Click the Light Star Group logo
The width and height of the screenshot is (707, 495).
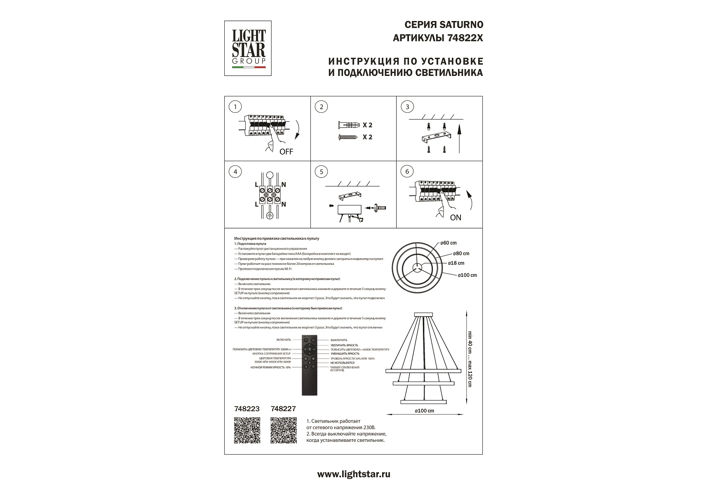[248, 48]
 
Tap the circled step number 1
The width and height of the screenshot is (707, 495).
[235, 107]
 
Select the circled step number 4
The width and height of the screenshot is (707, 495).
[235, 172]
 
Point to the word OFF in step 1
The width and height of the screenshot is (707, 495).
[286, 152]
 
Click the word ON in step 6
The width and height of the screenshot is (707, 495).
[456, 217]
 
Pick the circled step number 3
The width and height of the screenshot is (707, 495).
[407, 107]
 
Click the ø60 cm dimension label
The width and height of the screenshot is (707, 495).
[449, 243]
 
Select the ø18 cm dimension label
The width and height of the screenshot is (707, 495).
[456, 263]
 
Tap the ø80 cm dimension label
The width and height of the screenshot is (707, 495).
[461, 254]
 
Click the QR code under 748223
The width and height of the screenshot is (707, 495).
[247, 430]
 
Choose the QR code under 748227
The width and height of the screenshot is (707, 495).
[284, 430]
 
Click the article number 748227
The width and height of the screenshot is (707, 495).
[283, 409]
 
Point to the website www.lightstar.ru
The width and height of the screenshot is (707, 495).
[353, 474]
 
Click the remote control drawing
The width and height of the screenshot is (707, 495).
[310, 365]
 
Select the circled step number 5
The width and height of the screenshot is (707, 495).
[321, 172]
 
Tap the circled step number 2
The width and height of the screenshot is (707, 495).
[321, 107]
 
